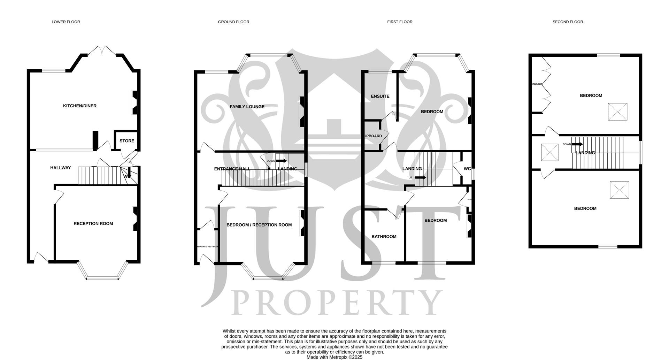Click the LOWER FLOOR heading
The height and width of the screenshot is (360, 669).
tap(66, 22)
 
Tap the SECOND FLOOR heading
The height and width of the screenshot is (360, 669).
tap(568, 22)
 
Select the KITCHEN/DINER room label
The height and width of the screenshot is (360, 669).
tap(80, 106)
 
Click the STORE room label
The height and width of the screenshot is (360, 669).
tap(127, 141)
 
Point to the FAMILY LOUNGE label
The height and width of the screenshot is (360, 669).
tap(247, 107)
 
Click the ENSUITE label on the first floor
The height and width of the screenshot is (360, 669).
tap(380, 96)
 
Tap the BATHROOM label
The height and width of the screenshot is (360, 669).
tap(384, 237)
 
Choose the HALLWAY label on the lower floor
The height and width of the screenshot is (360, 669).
tap(61, 168)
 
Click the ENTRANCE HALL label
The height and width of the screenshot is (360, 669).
tap(232, 169)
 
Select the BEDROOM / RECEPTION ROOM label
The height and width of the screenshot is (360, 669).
tap(259, 225)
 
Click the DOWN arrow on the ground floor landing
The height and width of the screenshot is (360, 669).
tap(281, 161)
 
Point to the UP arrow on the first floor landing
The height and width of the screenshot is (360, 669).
tap(421, 177)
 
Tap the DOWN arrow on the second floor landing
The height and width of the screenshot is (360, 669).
tap(577, 144)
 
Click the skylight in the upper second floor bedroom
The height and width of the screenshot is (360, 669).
tap(617, 112)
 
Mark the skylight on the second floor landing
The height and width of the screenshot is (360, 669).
tap(550, 153)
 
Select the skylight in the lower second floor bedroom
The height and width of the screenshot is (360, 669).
tap(619, 190)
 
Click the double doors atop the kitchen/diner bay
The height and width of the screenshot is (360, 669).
tap(102, 52)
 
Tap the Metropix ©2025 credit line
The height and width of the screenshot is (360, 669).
tap(334, 357)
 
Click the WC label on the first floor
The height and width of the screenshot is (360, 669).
tap(467, 169)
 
